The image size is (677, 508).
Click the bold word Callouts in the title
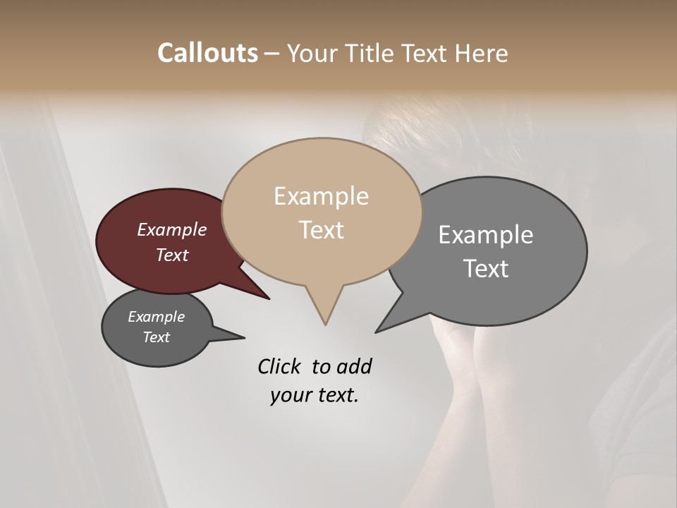207,53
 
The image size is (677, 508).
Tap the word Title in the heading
370,53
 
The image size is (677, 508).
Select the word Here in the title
481,53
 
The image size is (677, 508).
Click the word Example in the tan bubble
321,196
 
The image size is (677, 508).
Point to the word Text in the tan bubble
321,230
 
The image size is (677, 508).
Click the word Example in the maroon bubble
171,229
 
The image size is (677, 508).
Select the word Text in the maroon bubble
171,255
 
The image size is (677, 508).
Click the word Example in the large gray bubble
485,235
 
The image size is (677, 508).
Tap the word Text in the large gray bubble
485,269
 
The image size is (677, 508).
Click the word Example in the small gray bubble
156,317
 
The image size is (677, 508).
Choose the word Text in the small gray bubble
156,337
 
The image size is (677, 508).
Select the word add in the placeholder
353,366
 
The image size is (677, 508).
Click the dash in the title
272,54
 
